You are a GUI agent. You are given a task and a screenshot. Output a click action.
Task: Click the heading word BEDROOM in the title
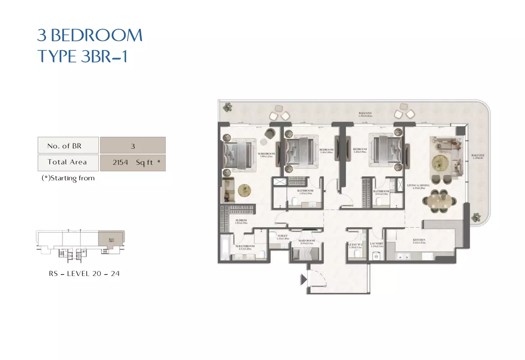pos(97,36)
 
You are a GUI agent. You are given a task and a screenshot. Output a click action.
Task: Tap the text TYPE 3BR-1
pos(82,57)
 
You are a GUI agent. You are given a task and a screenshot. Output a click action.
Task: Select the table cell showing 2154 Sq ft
pos(133,163)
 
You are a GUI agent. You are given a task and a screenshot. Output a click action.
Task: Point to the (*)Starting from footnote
pos(68,178)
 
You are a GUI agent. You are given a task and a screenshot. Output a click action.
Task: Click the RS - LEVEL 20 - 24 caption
pos(84,274)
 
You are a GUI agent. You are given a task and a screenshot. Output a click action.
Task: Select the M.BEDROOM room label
pos(266,154)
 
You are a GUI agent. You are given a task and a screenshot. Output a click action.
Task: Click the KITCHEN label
pos(419,241)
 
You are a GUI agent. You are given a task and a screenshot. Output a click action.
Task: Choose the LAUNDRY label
pos(377,244)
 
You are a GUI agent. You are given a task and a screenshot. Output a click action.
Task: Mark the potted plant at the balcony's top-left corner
pos(228,107)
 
